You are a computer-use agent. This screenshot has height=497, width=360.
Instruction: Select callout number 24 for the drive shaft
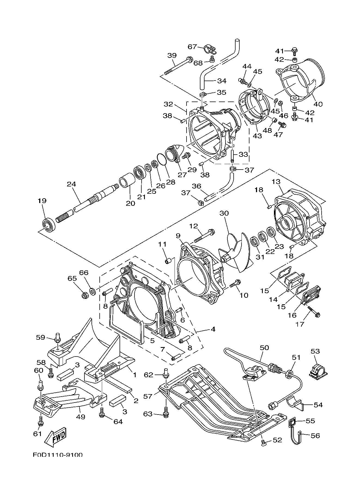[71, 184]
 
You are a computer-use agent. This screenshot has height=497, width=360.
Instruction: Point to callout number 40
[318, 104]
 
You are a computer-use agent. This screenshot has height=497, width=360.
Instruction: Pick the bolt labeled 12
[204, 236]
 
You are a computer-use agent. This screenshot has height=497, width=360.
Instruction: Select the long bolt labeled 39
[178, 65]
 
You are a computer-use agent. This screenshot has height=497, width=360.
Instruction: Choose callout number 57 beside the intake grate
[148, 396]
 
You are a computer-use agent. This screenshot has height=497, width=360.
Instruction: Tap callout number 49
[81, 417]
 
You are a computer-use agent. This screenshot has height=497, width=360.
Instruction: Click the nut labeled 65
[84, 295]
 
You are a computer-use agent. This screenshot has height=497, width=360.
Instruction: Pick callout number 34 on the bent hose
[222, 81]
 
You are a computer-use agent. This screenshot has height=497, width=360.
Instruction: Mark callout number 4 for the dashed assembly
[213, 329]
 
